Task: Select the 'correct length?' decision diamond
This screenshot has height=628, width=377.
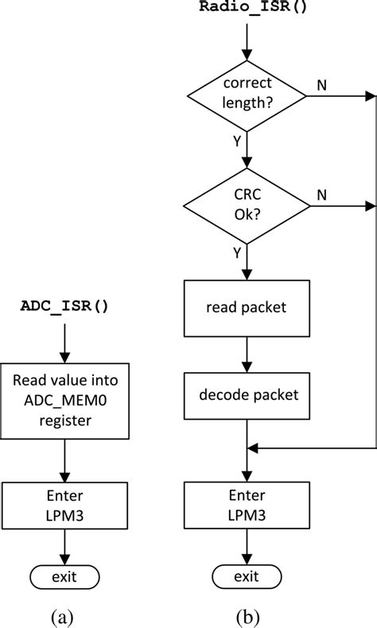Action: click(x=247, y=97)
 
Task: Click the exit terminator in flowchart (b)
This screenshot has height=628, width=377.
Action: click(x=247, y=576)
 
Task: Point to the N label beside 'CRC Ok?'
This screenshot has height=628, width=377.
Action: click(x=322, y=194)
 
